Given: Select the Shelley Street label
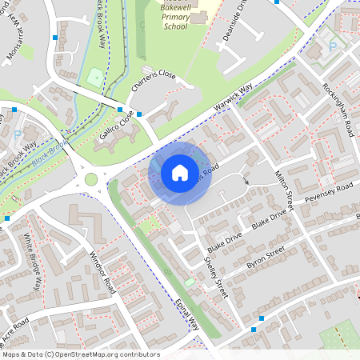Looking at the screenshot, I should (217, 277).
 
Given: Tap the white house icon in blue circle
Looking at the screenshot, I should (180, 173).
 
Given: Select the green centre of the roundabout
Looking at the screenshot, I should (90, 179).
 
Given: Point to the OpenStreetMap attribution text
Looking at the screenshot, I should (81, 354).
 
